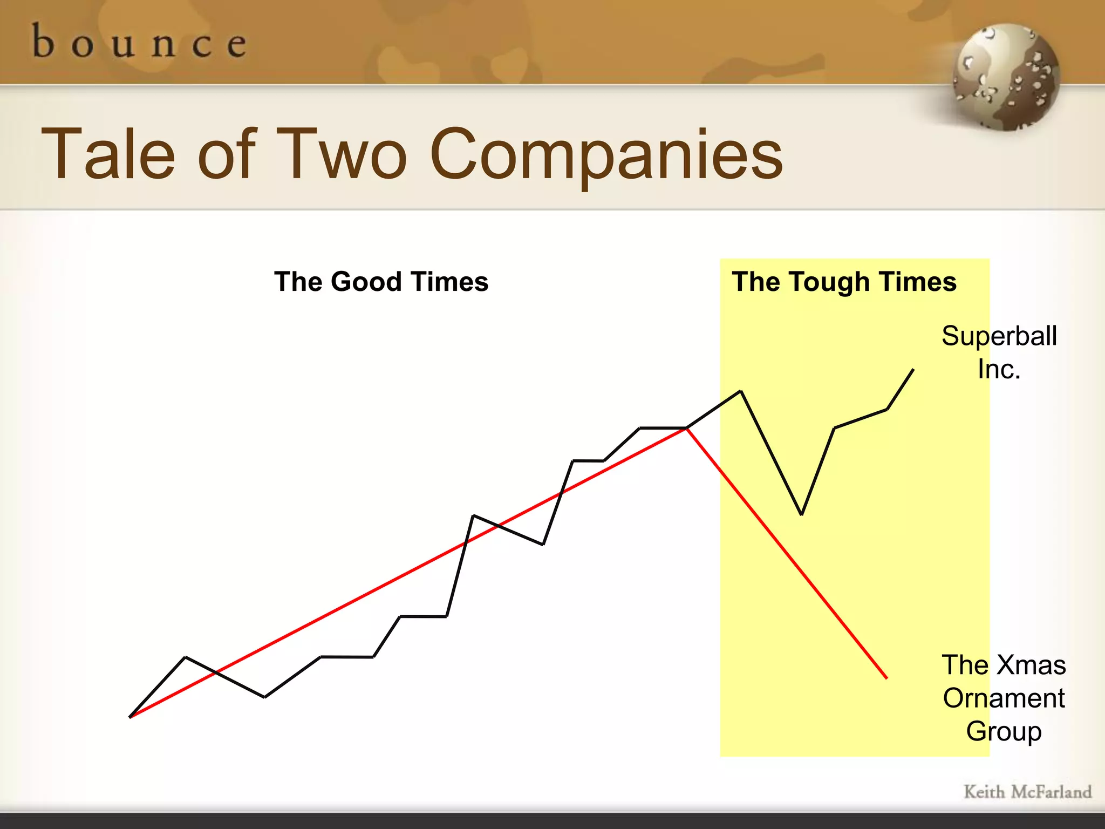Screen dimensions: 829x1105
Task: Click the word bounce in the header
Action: point(139,42)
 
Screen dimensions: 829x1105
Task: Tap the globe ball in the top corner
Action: point(1006,77)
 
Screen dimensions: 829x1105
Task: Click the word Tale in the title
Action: point(108,154)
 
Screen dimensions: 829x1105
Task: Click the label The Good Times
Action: point(381,282)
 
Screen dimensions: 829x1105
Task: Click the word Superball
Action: point(999,336)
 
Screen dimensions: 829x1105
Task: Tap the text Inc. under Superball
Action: point(999,370)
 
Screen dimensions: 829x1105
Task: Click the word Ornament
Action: point(1004,698)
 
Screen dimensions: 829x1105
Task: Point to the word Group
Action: point(1004,731)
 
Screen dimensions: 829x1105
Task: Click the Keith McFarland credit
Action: point(1027,792)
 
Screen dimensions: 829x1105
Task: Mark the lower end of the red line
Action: point(886,678)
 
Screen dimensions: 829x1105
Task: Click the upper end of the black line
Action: point(913,370)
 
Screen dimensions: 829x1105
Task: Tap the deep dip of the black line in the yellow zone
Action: point(802,514)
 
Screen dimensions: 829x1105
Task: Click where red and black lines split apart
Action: point(686,428)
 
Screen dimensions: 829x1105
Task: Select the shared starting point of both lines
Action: point(130,717)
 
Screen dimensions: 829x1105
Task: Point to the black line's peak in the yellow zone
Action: point(741,391)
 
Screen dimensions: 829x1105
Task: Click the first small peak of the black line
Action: point(186,657)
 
